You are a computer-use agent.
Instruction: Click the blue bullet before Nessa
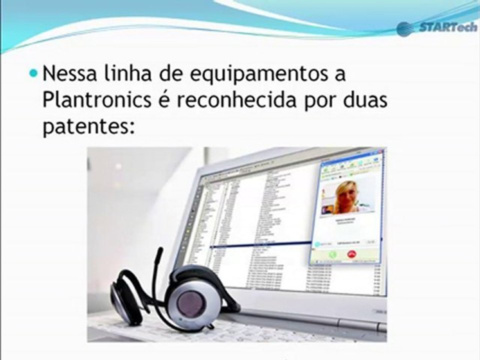(33, 73)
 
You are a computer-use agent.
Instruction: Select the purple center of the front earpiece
(191, 302)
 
